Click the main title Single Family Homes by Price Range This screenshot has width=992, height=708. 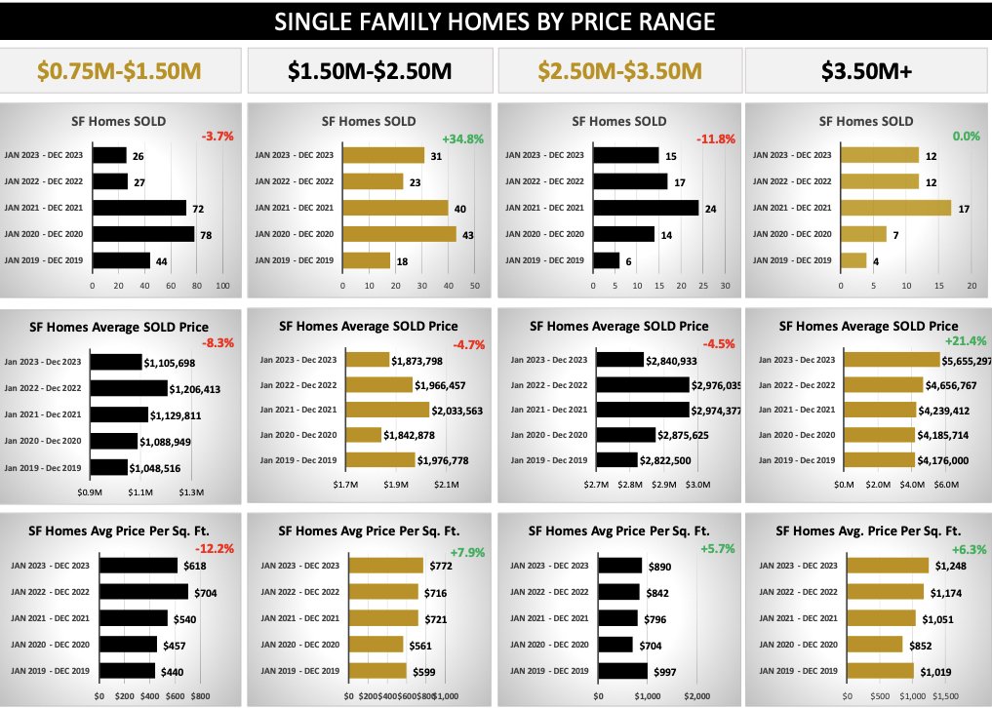pyautogui.click(x=495, y=21)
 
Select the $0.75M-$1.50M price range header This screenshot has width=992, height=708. pyautogui.click(x=119, y=70)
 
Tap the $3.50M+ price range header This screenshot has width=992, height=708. pyautogui.click(x=867, y=70)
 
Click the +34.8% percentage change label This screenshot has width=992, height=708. pyautogui.click(x=462, y=138)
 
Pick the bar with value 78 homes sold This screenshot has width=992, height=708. pyautogui.click(x=143, y=234)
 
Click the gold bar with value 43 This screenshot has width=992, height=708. pyautogui.click(x=399, y=234)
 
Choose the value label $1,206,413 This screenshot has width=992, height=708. pyautogui.click(x=194, y=389)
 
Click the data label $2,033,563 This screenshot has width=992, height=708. pyautogui.click(x=451, y=411)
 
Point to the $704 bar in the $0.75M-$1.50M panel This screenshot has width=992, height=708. pyautogui.click(x=143, y=592)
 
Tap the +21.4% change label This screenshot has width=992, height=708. pyautogui.click(x=965, y=340)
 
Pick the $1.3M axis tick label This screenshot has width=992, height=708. pyautogui.click(x=192, y=492)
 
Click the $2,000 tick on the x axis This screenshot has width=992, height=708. pyautogui.click(x=696, y=696)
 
